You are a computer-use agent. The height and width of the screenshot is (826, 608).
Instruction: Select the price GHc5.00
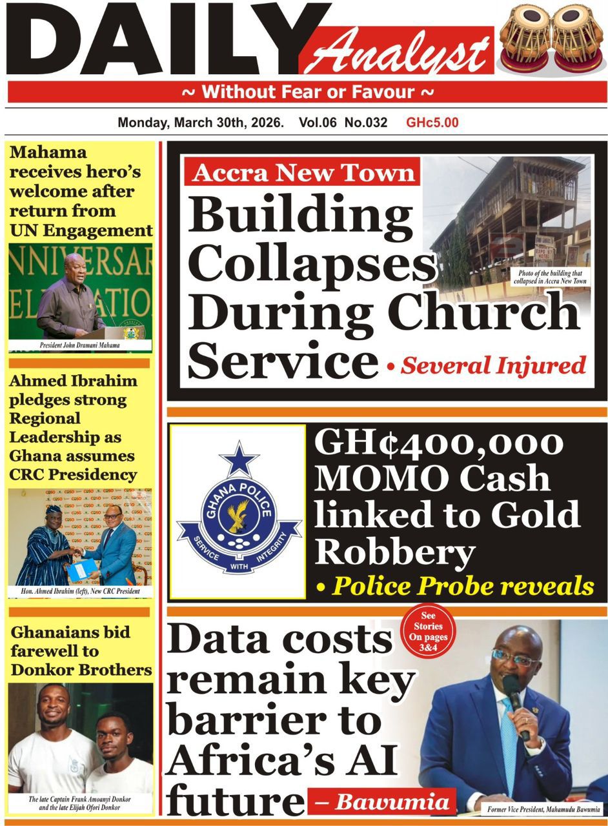click(432, 123)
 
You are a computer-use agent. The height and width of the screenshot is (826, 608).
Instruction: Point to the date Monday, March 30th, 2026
click(201, 123)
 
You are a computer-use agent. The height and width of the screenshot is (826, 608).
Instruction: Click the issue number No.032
click(366, 123)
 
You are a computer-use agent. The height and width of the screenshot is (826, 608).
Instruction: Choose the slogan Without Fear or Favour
click(308, 92)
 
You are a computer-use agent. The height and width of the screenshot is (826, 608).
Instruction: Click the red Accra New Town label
click(303, 173)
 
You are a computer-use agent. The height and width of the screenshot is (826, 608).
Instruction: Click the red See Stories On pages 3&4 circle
click(428, 636)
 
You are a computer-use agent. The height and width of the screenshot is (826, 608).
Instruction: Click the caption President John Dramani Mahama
click(81, 345)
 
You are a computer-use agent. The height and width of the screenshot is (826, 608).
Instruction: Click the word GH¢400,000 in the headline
click(438, 445)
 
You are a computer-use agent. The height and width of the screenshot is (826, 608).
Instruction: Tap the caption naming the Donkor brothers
click(80, 803)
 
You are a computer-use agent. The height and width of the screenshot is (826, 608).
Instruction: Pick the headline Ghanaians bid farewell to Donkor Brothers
click(81, 650)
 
